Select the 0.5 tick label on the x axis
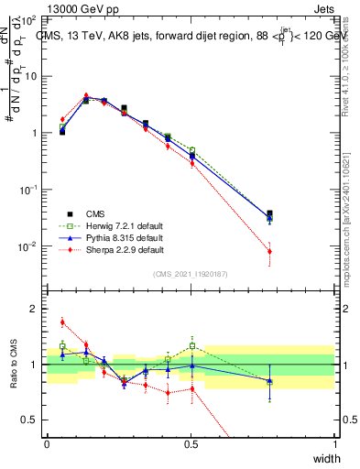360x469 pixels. [191, 444]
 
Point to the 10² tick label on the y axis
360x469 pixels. [29, 19]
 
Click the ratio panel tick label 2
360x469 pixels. [35, 309]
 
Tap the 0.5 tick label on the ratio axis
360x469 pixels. [31, 420]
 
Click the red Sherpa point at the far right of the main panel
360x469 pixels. [269, 252]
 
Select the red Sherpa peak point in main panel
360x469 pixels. [86, 95]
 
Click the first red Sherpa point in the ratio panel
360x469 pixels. [62, 322]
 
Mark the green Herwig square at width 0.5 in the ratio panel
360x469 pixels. [192, 346]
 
